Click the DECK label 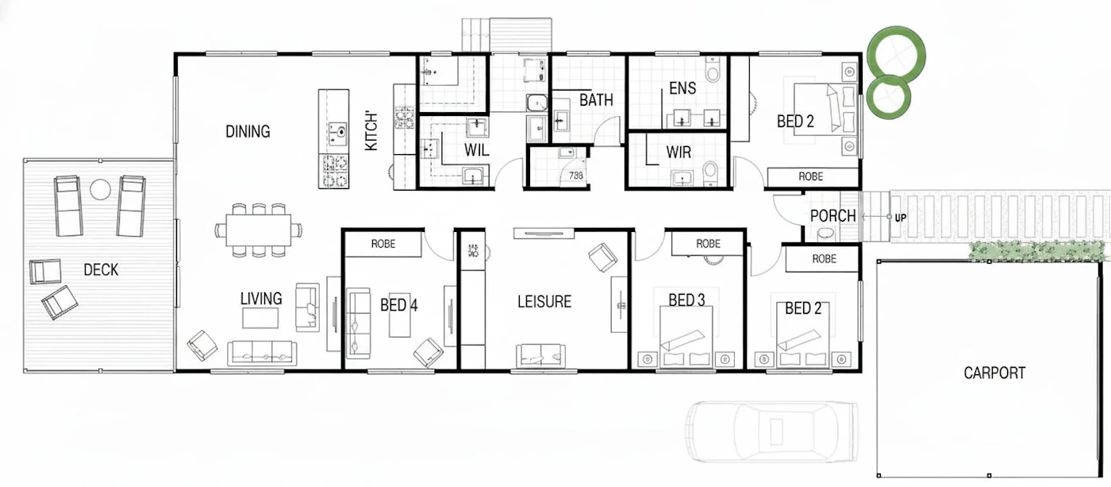tap(101, 269)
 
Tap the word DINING tap(248, 132)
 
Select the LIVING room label tap(261, 299)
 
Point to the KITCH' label tap(371, 132)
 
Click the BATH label tap(596, 100)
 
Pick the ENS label tap(682, 88)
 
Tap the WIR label tap(679, 152)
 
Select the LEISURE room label tap(544, 301)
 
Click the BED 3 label tap(686, 300)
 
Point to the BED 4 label tap(398, 305)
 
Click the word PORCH tap(832, 216)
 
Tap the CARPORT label tap(994, 373)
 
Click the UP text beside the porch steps tap(900, 218)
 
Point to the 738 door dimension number tap(576, 176)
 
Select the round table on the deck tap(100, 189)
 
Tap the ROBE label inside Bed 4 tap(383, 244)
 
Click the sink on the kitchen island tap(340, 132)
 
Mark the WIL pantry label tap(476, 150)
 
